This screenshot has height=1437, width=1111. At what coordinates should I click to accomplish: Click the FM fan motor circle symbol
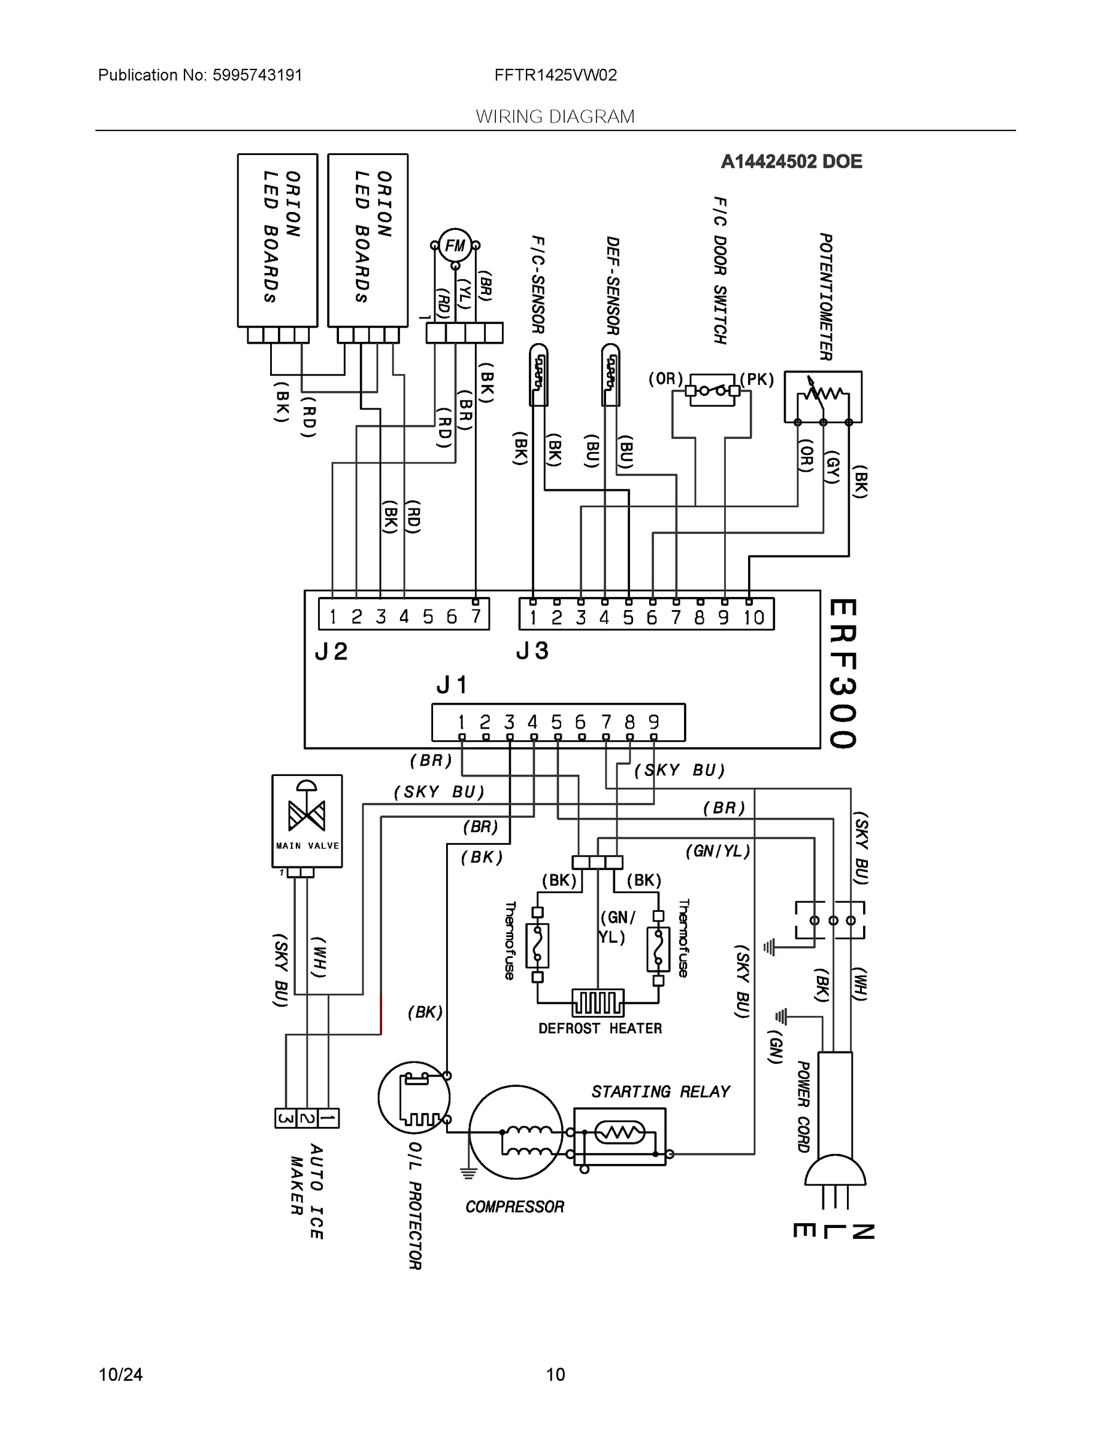(455, 245)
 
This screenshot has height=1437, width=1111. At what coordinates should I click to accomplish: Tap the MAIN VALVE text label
(307, 845)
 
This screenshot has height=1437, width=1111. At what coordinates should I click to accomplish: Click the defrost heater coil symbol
(598, 1003)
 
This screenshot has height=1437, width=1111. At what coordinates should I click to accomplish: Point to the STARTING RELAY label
(660, 1092)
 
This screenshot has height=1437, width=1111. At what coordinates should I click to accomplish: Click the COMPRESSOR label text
(514, 1206)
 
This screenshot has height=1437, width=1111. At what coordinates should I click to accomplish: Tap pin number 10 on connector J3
(753, 617)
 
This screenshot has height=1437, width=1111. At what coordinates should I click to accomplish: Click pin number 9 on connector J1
(653, 721)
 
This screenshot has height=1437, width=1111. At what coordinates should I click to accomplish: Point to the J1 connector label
(452, 685)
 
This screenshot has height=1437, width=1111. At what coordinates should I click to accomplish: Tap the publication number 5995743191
(257, 75)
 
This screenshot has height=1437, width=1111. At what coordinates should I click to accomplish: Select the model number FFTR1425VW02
(556, 75)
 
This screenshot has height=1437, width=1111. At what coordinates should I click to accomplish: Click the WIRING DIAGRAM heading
(555, 117)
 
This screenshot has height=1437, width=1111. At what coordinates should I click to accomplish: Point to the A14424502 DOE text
(791, 161)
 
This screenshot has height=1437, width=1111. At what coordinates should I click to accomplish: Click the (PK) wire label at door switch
(757, 380)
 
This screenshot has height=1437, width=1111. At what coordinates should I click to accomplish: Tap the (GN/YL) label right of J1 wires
(718, 851)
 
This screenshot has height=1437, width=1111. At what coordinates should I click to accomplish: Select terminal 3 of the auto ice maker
(285, 1118)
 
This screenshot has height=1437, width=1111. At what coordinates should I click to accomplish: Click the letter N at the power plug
(863, 1232)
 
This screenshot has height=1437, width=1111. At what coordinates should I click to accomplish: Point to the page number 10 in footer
(556, 1375)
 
